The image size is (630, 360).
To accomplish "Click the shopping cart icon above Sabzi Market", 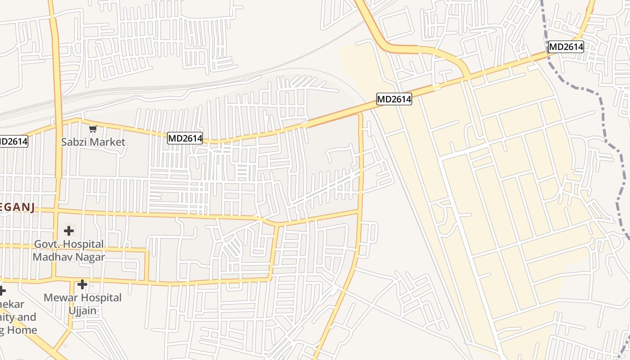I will click(x=93, y=129).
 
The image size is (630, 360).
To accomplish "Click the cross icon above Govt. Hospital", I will click(x=69, y=231).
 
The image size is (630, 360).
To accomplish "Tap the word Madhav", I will click(x=52, y=257).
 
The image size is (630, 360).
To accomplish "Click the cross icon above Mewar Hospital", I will click(x=82, y=284).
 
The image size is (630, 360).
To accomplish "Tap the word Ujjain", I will click(x=82, y=310).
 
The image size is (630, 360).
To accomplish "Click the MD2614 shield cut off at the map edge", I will click(x=13, y=141).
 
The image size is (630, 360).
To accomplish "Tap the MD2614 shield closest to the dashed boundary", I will click(x=566, y=47).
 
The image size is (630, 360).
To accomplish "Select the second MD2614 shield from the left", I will click(x=185, y=138).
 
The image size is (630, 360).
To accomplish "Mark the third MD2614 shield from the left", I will click(x=394, y=99).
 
